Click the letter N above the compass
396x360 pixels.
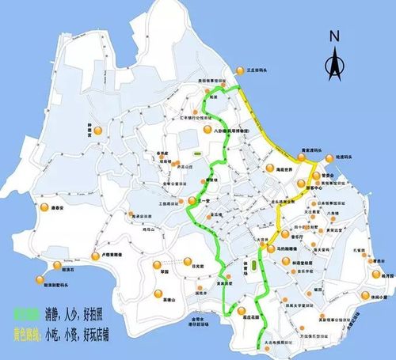point(335,36)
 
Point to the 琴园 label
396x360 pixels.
point(165,271)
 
